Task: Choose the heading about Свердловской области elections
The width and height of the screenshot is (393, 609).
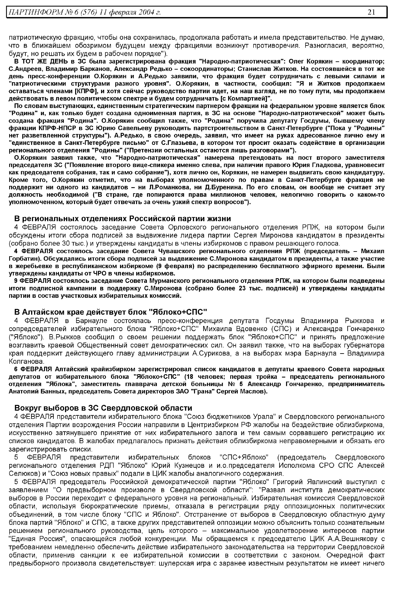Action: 103,408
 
